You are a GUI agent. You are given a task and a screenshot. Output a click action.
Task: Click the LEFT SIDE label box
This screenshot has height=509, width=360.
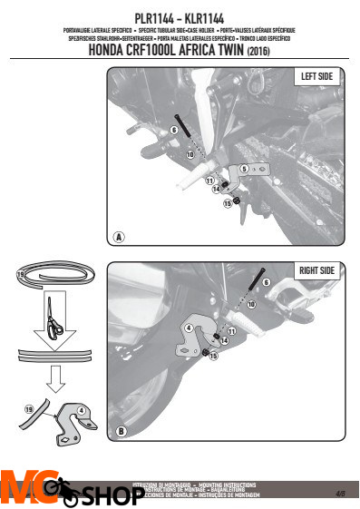click(318, 78)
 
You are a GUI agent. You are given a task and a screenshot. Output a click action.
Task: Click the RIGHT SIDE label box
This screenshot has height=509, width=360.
click(316, 271)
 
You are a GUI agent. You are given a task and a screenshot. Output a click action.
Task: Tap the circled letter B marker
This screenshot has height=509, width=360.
click(118, 433)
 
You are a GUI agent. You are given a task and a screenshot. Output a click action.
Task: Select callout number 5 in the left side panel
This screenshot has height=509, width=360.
click(244, 169)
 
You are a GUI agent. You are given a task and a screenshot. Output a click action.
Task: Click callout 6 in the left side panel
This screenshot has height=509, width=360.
click(172, 130)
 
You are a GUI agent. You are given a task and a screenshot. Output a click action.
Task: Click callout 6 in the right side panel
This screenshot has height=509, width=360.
click(266, 283)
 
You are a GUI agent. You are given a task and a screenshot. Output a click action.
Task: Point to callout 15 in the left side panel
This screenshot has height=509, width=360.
click(228, 205)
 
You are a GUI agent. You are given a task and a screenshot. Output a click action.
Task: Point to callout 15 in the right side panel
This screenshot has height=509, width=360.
click(214, 357)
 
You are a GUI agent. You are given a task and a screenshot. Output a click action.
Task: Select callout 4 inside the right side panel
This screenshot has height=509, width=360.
click(188, 327)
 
